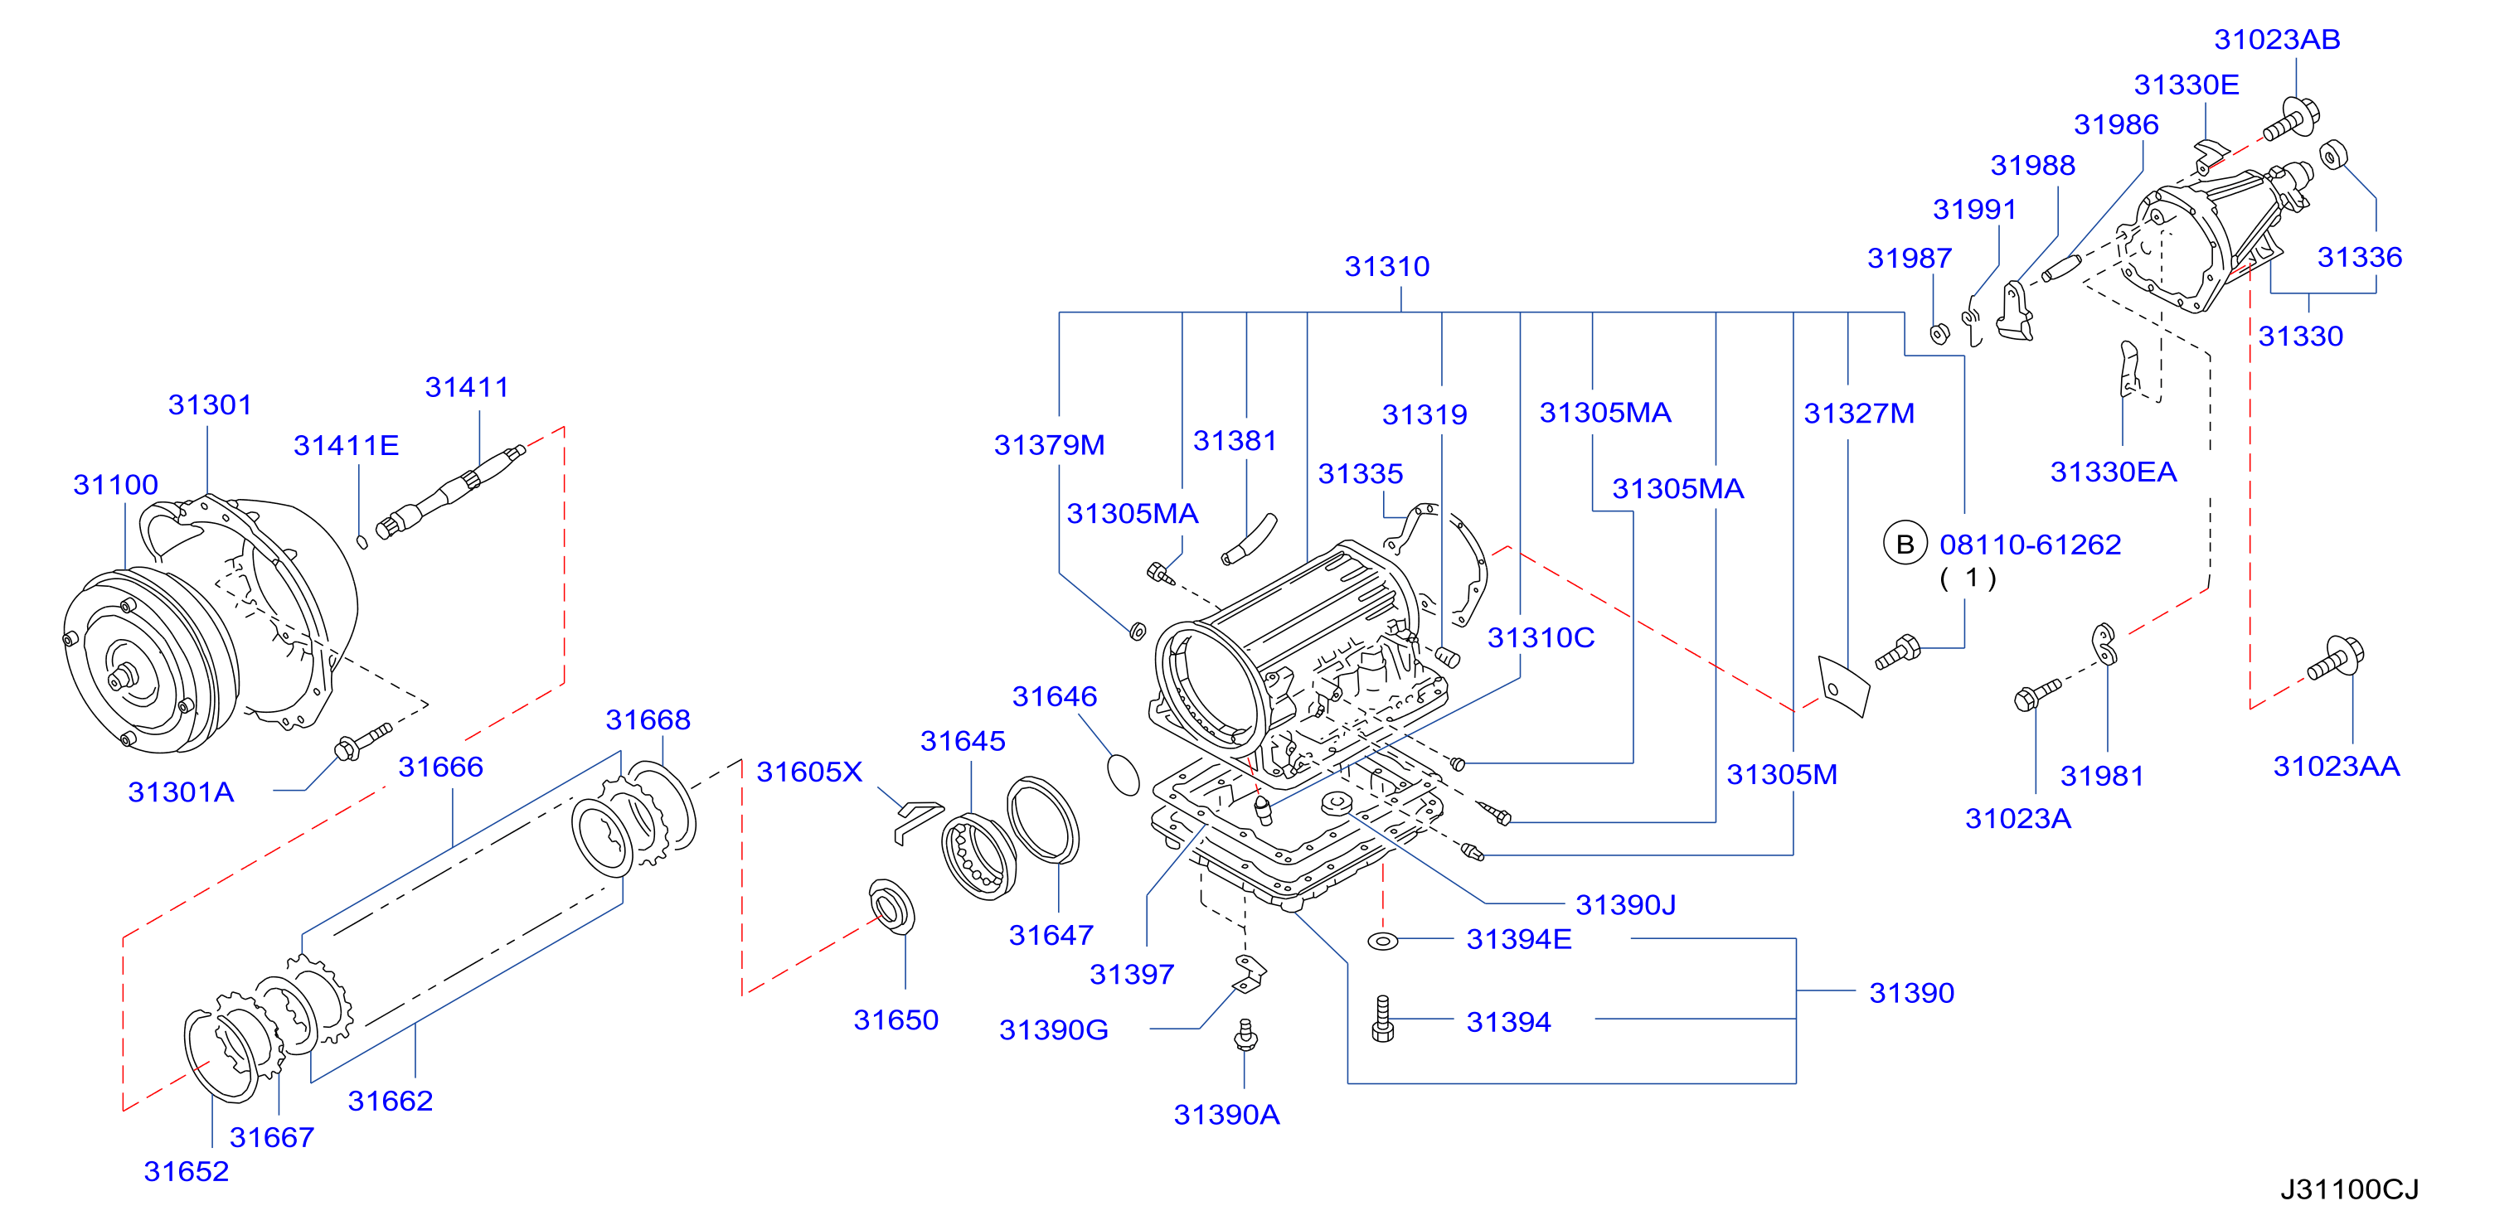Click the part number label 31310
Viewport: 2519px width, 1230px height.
1386,266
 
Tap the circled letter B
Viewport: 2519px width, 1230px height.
1905,545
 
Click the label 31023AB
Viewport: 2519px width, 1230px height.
2277,39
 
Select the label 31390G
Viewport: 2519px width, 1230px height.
1053,1029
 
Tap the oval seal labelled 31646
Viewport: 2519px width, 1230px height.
1124,774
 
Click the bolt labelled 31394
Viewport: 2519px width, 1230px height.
1383,1019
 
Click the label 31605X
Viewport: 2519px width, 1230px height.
809,772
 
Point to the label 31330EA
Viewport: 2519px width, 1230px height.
2114,472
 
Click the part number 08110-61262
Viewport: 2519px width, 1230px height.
2030,545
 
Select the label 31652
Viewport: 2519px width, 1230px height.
186,1170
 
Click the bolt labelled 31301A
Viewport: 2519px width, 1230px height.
363,741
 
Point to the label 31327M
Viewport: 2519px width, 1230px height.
1859,414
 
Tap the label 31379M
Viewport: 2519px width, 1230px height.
1049,445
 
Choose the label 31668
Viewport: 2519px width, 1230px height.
648,719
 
